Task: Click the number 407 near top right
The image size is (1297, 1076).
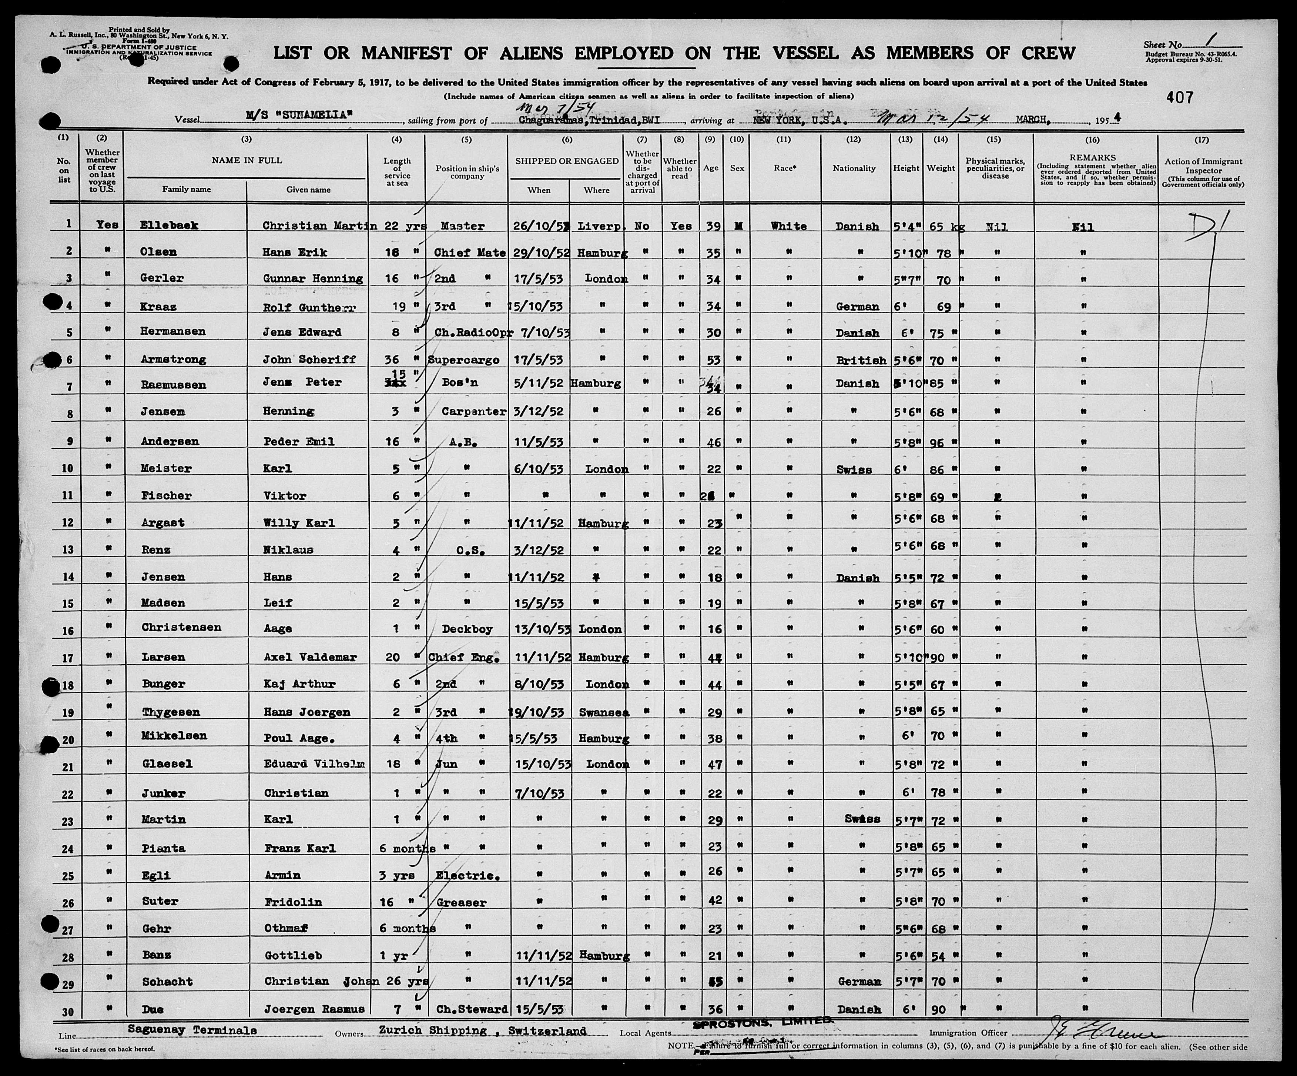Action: [1180, 97]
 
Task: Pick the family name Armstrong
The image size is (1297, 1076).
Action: [174, 359]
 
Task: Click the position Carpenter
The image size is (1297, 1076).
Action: [474, 411]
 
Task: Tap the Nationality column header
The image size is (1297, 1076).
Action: [854, 168]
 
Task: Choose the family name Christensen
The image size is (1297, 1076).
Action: [181, 628]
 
